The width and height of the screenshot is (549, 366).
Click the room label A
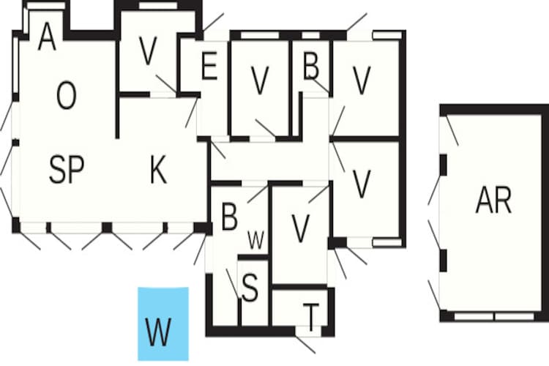pos(48,37)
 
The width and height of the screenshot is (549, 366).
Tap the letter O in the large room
pos(66,95)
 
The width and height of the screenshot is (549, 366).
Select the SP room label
pos(67,170)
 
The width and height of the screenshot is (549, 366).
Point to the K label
pos(158,170)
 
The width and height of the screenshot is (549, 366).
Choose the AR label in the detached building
pos(493,200)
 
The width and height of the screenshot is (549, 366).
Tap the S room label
pos(250,288)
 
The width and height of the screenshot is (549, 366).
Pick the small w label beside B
pos(255,240)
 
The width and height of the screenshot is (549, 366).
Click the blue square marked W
pos(163,324)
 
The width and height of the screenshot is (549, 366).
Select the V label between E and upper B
pos(260,81)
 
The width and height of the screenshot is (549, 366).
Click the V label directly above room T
pos(300,228)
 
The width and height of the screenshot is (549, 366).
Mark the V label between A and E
pos(147,51)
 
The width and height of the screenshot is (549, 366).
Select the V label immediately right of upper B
pos(362,81)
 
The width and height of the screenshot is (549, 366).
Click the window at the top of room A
pos(46,6)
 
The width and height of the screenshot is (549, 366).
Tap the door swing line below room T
pos(305,345)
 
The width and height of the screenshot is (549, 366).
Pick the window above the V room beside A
pos(158,6)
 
